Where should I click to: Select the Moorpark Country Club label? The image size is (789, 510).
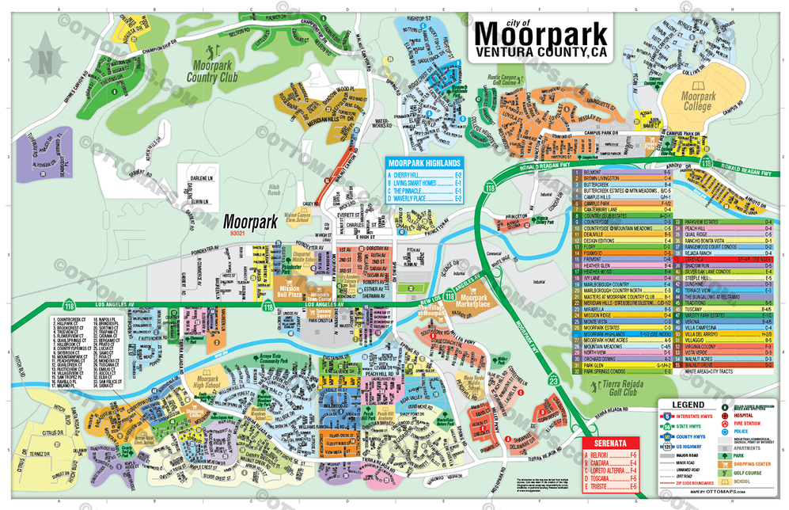tap(212, 74)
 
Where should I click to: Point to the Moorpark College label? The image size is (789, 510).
tap(697, 101)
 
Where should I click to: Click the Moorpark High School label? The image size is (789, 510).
tap(207, 382)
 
